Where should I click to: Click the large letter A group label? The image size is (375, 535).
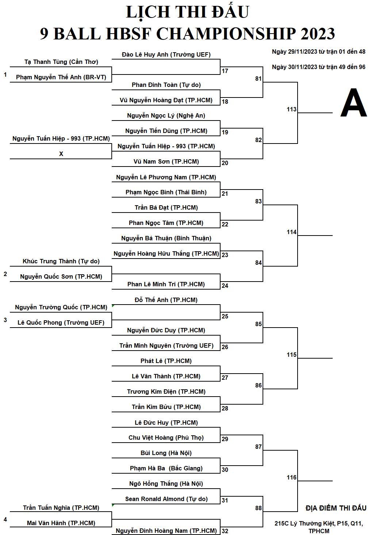tap(353, 103)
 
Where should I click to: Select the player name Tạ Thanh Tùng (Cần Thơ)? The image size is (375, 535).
tap(61, 62)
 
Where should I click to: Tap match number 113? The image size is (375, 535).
tap(291, 110)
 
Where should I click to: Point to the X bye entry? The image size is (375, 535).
tap(61, 154)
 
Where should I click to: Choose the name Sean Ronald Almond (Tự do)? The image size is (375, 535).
tap(166, 499)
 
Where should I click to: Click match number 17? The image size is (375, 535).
tap(225, 71)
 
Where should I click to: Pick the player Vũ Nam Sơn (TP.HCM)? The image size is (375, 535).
tap(166, 162)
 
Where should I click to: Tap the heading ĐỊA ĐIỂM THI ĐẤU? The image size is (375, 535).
tap(336, 508)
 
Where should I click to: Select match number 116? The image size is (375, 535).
tap(291, 477)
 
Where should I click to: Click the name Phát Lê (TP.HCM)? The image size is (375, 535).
tap(166, 361)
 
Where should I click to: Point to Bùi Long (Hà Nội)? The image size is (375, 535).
tap(166, 453)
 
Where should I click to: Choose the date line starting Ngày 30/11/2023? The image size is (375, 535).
tap(319, 67)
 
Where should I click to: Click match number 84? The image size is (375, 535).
tap(259, 263)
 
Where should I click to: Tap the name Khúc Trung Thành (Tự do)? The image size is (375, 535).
tap(61, 261)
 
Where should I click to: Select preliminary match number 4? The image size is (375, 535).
tap(5, 519)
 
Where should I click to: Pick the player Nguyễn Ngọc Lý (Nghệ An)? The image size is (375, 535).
tap(166, 116)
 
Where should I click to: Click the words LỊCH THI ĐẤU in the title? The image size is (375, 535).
tap(188, 12)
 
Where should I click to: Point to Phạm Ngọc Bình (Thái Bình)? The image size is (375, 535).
tap(166, 192)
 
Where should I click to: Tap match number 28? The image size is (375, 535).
tap(225, 408)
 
